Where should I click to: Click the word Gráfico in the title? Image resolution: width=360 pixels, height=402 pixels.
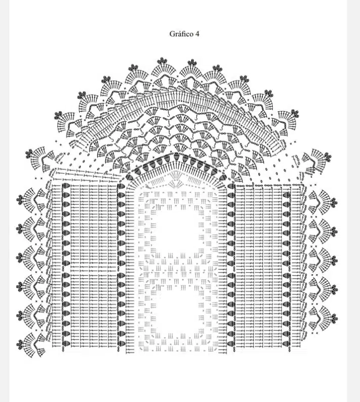(x=181, y=34)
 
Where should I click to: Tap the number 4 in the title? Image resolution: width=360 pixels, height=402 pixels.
(x=197, y=34)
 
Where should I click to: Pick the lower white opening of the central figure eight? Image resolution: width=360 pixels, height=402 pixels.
(x=179, y=312)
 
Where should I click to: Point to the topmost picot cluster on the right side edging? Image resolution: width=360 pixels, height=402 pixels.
(x=334, y=202)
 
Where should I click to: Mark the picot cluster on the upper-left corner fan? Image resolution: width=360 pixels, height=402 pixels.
(x=29, y=154)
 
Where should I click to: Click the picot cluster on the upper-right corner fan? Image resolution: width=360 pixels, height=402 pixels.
(x=328, y=156)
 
